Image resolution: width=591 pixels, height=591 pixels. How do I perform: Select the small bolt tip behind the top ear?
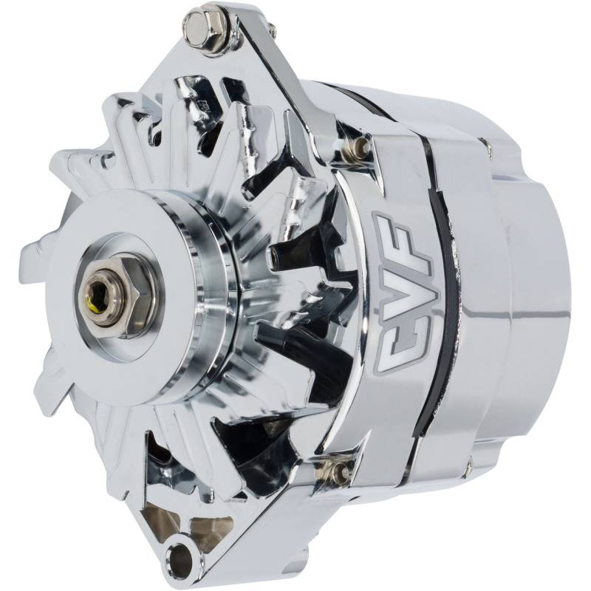pyautogui.click(x=272, y=28)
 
